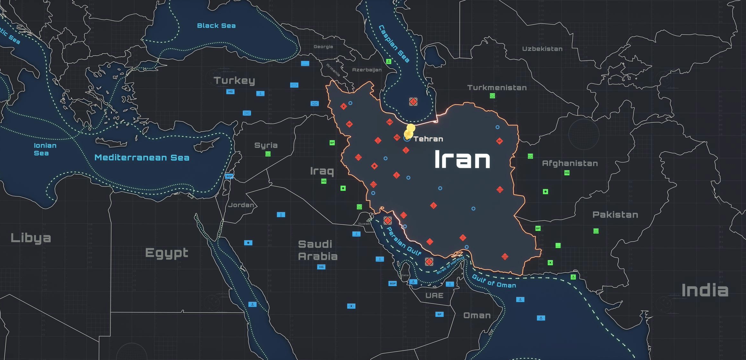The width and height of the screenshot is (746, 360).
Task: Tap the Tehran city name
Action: click(x=428, y=139)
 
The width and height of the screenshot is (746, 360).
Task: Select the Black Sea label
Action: click(x=216, y=26)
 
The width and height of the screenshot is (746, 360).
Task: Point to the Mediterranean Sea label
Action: click(x=142, y=157)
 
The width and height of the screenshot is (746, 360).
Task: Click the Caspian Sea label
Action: click(x=394, y=44)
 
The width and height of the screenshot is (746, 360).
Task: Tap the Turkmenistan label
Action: click(x=497, y=88)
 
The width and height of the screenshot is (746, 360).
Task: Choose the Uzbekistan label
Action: click(x=542, y=49)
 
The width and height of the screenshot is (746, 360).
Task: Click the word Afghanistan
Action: click(x=570, y=164)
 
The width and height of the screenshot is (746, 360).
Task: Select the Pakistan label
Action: click(x=615, y=215)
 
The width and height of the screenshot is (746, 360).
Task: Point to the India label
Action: click(x=705, y=291)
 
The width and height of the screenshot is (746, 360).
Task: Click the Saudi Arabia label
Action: click(x=317, y=250)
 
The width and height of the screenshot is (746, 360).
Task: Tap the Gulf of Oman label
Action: click(x=494, y=281)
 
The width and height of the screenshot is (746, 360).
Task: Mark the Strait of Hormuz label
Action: click(x=450, y=265)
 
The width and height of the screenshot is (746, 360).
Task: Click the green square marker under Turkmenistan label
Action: click(x=492, y=96)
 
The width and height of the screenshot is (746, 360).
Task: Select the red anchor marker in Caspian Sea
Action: click(x=413, y=102)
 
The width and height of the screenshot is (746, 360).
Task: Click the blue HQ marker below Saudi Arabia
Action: click(x=321, y=267)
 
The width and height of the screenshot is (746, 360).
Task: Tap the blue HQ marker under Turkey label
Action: click(x=230, y=92)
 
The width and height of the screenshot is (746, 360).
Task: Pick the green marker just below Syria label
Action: click(x=268, y=154)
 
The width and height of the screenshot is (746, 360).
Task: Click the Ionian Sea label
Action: click(x=45, y=149)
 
